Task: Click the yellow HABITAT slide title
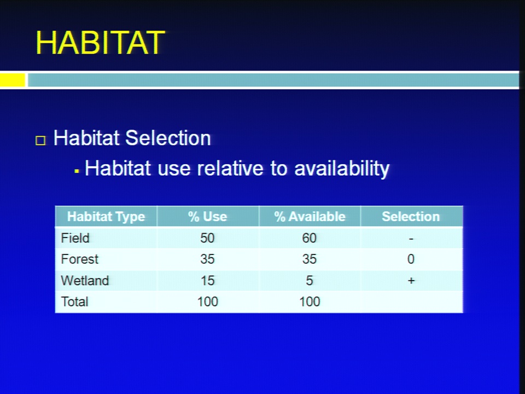pyautogui.click(x=101, y=43)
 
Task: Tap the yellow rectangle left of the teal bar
pyautogui.click(x=13, y=80)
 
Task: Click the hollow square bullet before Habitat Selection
pyautogui.click(x=40, y=140)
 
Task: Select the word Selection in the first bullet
pyautogui.click(x=168, y=138)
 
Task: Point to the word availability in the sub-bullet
pyautogui.click(x=342, y=169)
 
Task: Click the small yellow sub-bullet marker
pyautogui.click(x=77, y=171)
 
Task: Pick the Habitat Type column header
pyautogui.click(x=106, y=217)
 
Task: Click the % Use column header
pyautogui.click(x=208, y=217)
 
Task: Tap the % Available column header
pyautogui.click(x=310, y=217)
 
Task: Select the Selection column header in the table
pyautogui.click(x=411, y=217)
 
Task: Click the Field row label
pyautogui.click(x=75, y=238)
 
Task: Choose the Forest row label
pyautogui.click(x=80, y=259)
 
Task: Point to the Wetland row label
pyautogui.click(x=85, y=280)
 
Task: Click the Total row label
pyautogui.click(x=75, y=302)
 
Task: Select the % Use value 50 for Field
pyautogui.click(x=207, y=238)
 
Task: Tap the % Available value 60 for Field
pyautogui.click(x=310, y=238)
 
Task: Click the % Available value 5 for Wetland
pyautogui.click(x=310, y=281)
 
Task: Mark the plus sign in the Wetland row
pyautogui.click(x=411, y=281)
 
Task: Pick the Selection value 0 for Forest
pyautogui.click(x=411, y=259)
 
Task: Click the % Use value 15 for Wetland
pyautogui.click(x=208, y=281)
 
